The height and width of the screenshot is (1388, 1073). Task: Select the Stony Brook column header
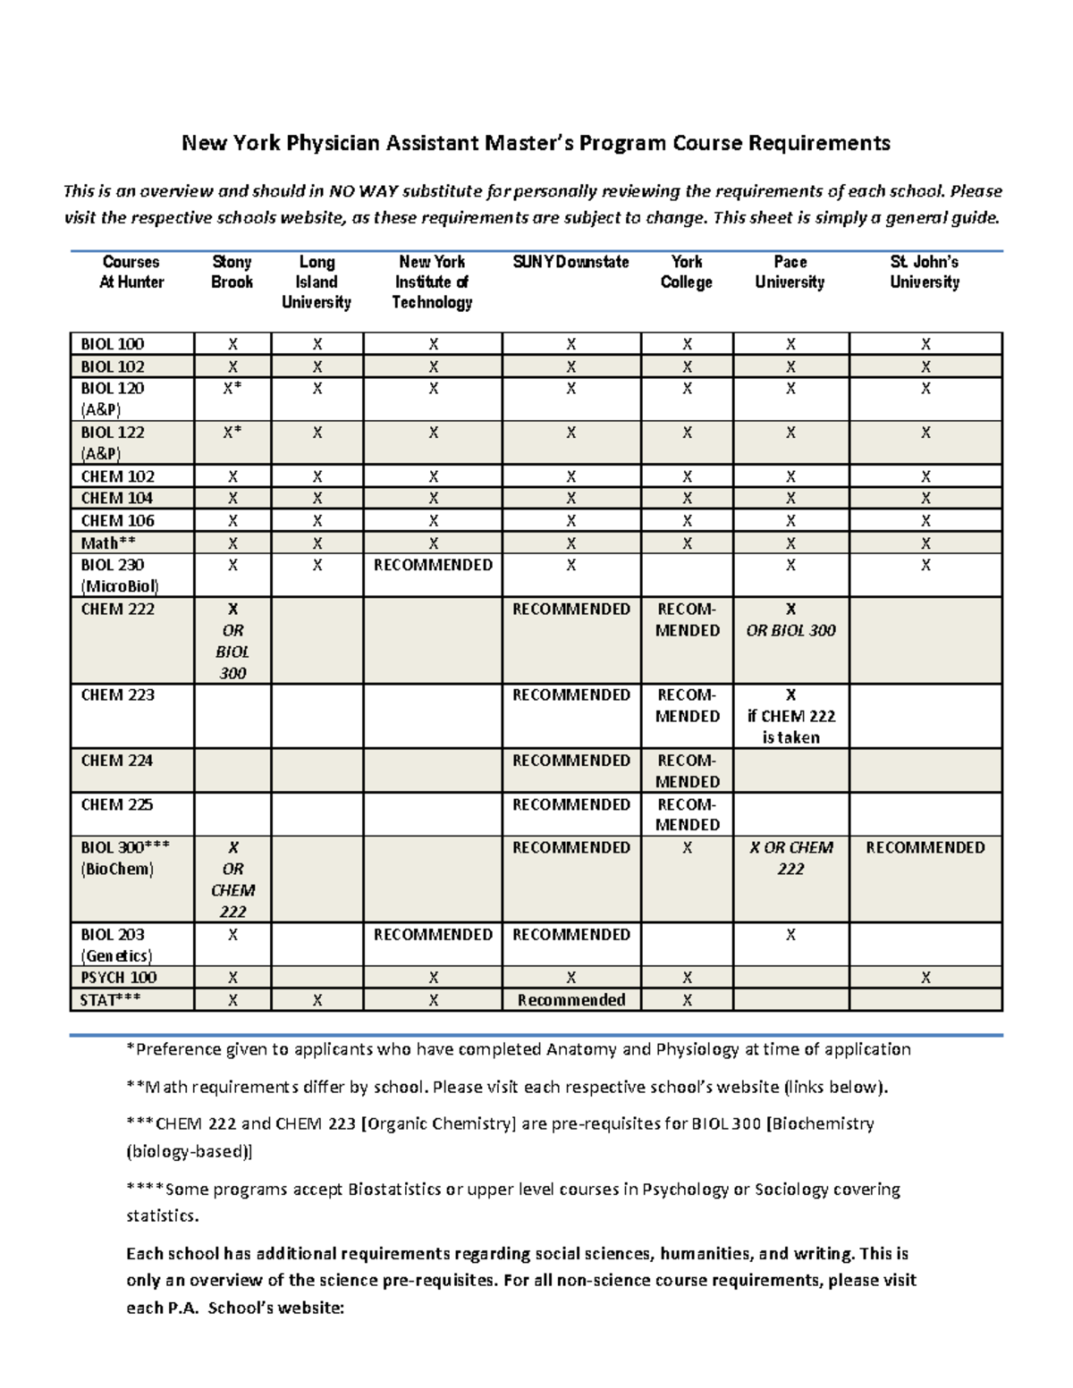[232, 272]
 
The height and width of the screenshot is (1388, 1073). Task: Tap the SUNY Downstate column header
[570, 262]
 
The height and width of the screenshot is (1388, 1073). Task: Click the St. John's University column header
[925, 272]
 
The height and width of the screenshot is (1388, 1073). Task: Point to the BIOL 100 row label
[113, 344]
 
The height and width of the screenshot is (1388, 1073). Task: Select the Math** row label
[108, 543]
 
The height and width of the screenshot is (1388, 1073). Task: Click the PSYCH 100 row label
[118, 978]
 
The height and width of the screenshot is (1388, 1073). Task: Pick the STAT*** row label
[110, 1000]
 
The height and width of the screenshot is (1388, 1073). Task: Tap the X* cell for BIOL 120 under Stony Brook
[232, 389]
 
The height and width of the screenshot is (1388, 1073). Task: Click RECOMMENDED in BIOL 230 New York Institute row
[433, 565]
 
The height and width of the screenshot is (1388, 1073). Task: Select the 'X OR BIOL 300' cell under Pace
[790, 620]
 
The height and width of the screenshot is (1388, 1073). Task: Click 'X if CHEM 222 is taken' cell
[790, 716]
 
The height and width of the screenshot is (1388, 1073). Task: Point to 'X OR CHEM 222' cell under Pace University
[790, 858]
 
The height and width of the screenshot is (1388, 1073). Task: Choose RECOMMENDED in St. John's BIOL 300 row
[925, 847]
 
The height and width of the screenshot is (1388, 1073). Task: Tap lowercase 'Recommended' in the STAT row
[570, 1000]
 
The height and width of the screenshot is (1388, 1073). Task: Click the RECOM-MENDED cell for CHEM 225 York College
[687, 814]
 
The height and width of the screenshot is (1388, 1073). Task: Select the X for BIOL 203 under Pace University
[790, 935]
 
